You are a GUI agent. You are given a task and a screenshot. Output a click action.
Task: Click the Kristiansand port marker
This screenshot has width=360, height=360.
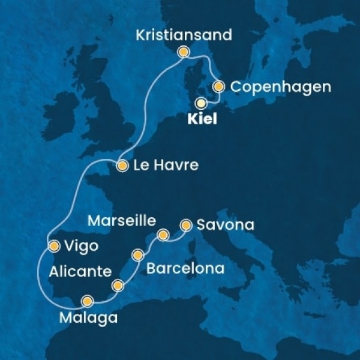click(x=184, y=52)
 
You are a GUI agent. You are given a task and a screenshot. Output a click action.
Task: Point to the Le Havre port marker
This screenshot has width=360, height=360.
click(x=122, y=165)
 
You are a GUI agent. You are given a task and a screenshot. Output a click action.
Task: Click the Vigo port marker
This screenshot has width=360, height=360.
click(x=53, y=245)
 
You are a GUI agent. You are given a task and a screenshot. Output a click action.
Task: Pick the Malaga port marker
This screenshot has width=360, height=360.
click(x=88, y=301)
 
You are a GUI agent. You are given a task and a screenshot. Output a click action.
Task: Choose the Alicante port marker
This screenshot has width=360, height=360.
click(x=118, y=284)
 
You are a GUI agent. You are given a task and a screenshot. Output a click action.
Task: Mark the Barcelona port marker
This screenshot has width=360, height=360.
click(x=139, y=254)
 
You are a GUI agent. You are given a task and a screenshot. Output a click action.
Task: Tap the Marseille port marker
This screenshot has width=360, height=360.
click(x=162, y=233)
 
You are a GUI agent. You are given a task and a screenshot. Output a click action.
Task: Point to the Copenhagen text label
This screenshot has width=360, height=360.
click(x=281, y=87)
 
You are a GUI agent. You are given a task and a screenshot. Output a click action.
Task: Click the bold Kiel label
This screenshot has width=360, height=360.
click(x=202, y=119)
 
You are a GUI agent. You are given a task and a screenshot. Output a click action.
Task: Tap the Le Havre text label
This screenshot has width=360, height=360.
click(x=165, y=165)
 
